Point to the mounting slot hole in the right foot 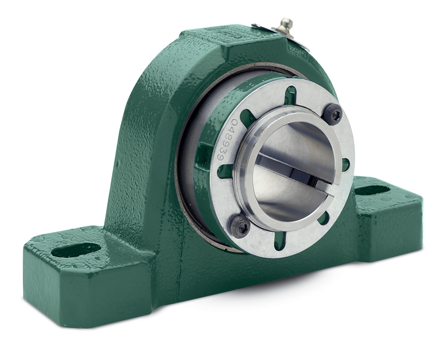click(x=373, y=190)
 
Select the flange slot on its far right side click(x=345, y=164)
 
